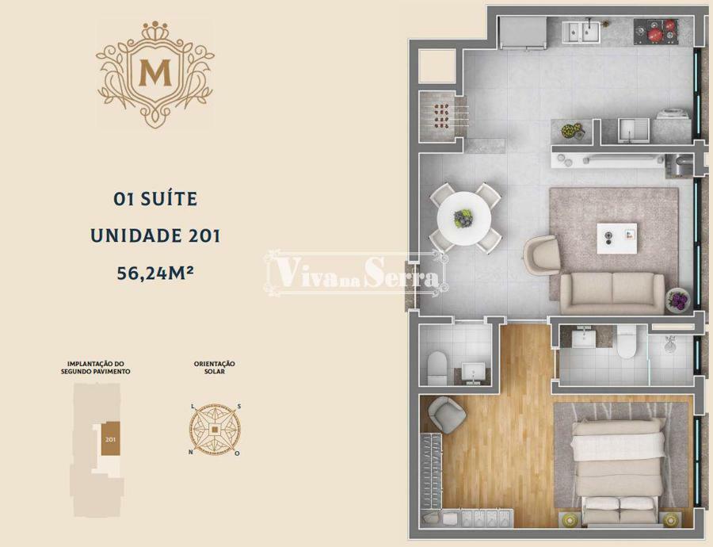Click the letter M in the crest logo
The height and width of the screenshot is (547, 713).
[155, 73]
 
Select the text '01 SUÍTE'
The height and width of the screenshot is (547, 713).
[155, 199]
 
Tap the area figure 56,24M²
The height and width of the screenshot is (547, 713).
[155, 273]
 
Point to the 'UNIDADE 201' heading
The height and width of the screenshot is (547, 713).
[155, 235]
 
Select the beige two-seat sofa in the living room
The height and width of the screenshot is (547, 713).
[612, 293]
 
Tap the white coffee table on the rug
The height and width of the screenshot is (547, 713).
[616, 238]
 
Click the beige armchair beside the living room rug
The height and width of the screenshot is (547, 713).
[542, 255]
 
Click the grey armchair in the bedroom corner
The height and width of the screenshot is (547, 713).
[447, 415]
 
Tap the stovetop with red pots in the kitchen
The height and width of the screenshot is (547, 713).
[656, 31]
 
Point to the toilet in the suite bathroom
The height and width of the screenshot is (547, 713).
[626, 342]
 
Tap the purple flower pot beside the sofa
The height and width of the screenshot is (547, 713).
[678, 300]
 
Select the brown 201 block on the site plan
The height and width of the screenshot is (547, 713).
[110, 438]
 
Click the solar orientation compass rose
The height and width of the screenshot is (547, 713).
[215, 429]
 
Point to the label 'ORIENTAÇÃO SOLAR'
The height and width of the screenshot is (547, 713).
[214, 368]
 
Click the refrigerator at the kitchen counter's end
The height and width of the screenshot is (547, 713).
[523, 32]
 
